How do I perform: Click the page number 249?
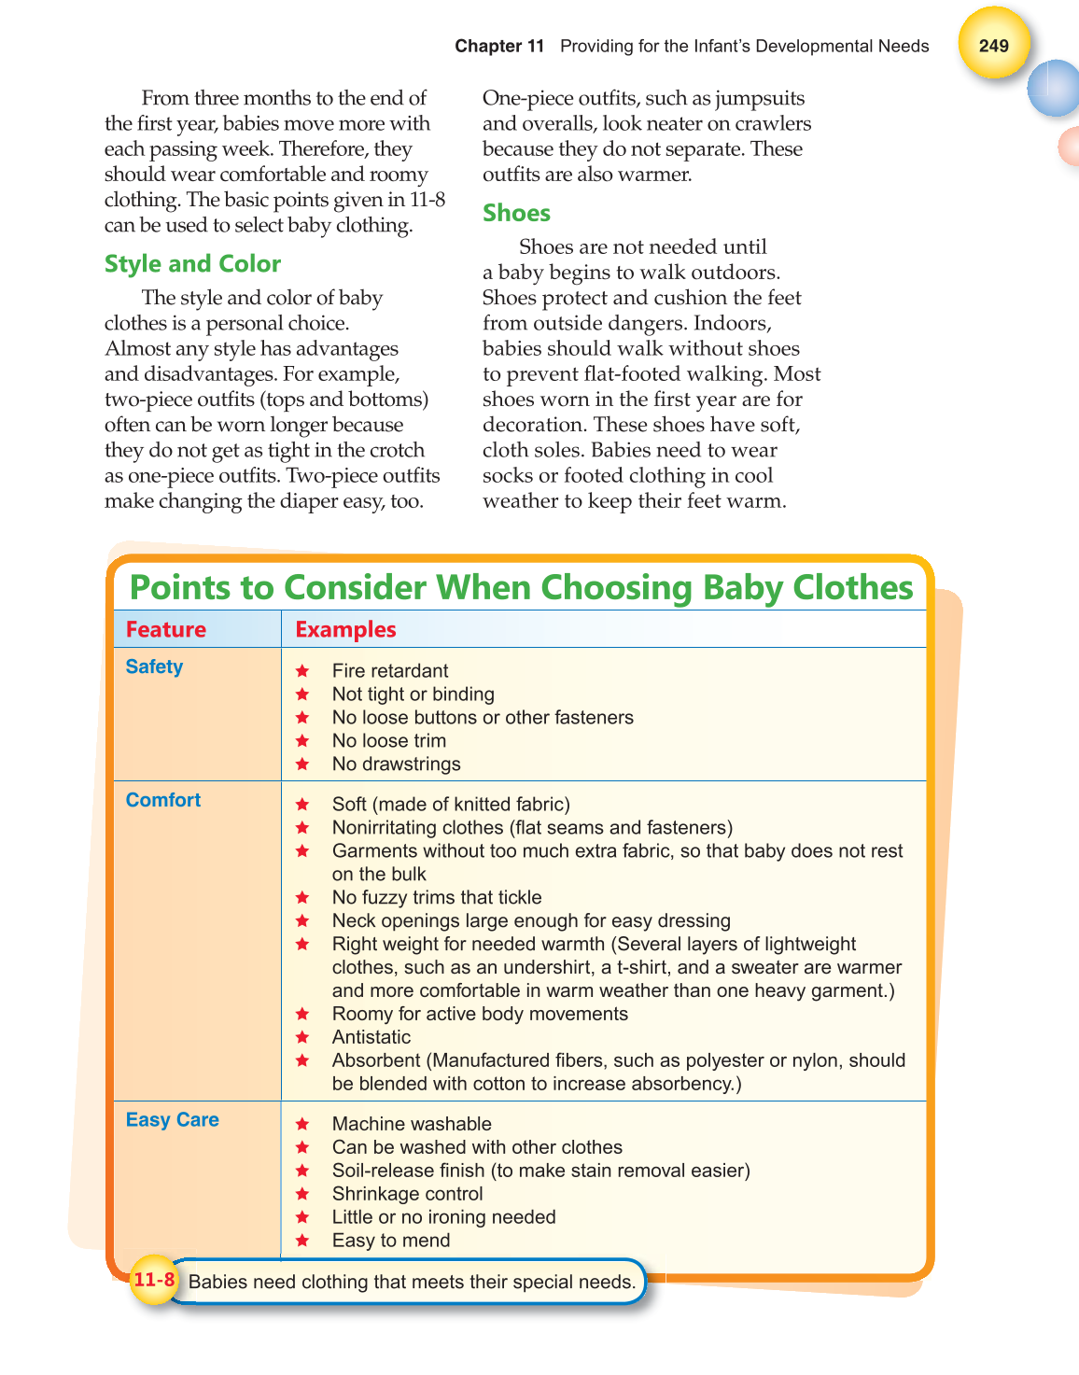click(993, 46)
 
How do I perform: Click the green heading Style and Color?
click(192, 264)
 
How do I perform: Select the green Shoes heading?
click(516, 214)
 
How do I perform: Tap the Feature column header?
click(166, 629)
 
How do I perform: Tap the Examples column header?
click(345, 629)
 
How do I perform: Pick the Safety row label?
click(154, 666)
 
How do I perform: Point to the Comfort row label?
click(163, 800)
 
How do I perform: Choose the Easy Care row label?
click(173, 1119)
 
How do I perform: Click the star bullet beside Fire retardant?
click(302, 671)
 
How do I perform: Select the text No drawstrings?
click(397, 764)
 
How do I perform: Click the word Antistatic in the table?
click(371, 1037)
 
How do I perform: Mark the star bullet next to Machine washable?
click(302, 1124)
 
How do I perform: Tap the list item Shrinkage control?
click(408, 1194)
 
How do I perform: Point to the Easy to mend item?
click(391, 1241)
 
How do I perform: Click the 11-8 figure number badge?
click(154, 1280)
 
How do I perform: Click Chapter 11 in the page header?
click(499, 46)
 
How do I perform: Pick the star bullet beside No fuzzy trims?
click(302, 897)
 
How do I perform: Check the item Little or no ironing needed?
click(444, 1217)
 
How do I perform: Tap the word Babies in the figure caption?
click(217, 1282)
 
